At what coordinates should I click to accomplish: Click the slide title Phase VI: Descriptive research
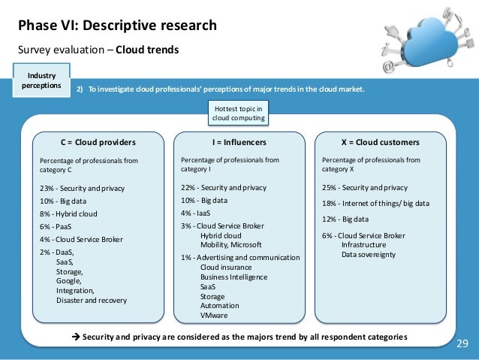coord(117,26)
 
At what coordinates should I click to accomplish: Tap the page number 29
coord(462,344)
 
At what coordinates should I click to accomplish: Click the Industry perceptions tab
coord(41,80)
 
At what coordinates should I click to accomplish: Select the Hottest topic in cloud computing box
coord(240,113)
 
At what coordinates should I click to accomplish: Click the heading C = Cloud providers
coord(98,142)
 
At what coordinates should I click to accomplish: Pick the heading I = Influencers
coord(239,142)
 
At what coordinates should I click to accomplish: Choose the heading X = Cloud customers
coord(381,142)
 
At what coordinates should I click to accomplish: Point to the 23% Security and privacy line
coord(82,188)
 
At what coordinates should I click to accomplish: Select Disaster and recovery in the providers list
coord(92,301)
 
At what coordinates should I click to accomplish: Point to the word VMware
coord(215,316)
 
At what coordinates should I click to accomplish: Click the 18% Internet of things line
coord(375,203)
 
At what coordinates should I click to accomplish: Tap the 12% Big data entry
coord(345,219)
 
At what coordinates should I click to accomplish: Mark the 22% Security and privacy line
coord(224,188)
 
